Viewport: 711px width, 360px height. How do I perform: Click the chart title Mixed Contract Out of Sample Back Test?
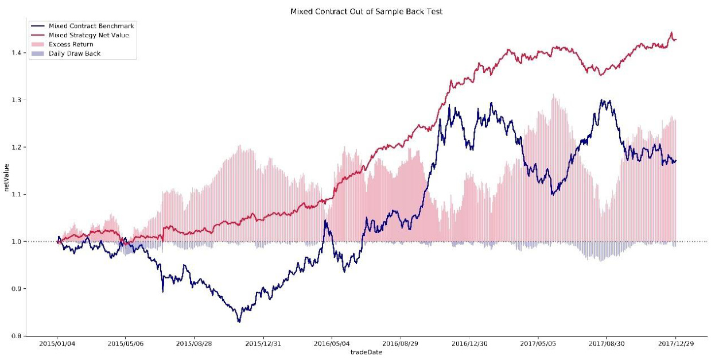pyautogui.click(x=366, y=11)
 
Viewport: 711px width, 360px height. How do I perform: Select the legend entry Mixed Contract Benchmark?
pyautogui.click(x=91, y=26)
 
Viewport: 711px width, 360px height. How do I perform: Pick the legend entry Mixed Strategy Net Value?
pyautogui.click(x=88, y=35)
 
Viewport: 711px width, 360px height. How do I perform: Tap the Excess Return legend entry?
pyautogui.click(x=71, y=44)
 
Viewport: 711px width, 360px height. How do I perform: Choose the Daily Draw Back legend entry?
pyautogui.click(x=75, y=53)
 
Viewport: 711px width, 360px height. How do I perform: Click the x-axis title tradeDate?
pyautogui.click(x=366, y=353)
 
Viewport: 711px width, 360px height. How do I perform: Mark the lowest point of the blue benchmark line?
pyautogui.click(x=239, y=322)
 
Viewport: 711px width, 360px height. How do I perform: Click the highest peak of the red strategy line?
pyautogui.click(x=671, y=33)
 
